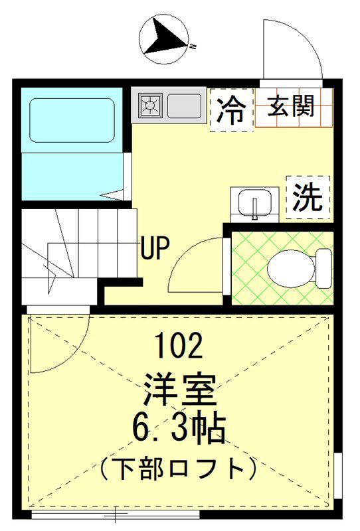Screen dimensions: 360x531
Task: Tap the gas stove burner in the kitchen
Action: point(150,106)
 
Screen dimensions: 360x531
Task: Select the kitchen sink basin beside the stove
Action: point(185,106)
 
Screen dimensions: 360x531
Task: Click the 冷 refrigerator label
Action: point(232,110)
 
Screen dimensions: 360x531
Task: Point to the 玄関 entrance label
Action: point(291,106)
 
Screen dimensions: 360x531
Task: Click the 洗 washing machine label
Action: point(308,197)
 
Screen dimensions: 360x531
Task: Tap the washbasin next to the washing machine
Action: point(254,204)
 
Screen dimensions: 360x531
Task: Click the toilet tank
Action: point(323,269)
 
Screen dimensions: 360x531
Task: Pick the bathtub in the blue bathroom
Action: point(72,120)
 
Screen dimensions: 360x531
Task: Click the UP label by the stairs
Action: point(155,248)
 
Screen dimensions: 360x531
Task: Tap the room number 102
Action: point(179,345)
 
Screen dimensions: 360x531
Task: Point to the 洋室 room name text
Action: point(179,390)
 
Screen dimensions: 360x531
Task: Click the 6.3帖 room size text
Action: point(179,428)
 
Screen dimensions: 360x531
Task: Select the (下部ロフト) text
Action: point(179,469)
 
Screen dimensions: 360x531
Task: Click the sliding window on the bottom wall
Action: point(116,515)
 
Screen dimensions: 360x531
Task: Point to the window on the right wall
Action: point(338,475)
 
